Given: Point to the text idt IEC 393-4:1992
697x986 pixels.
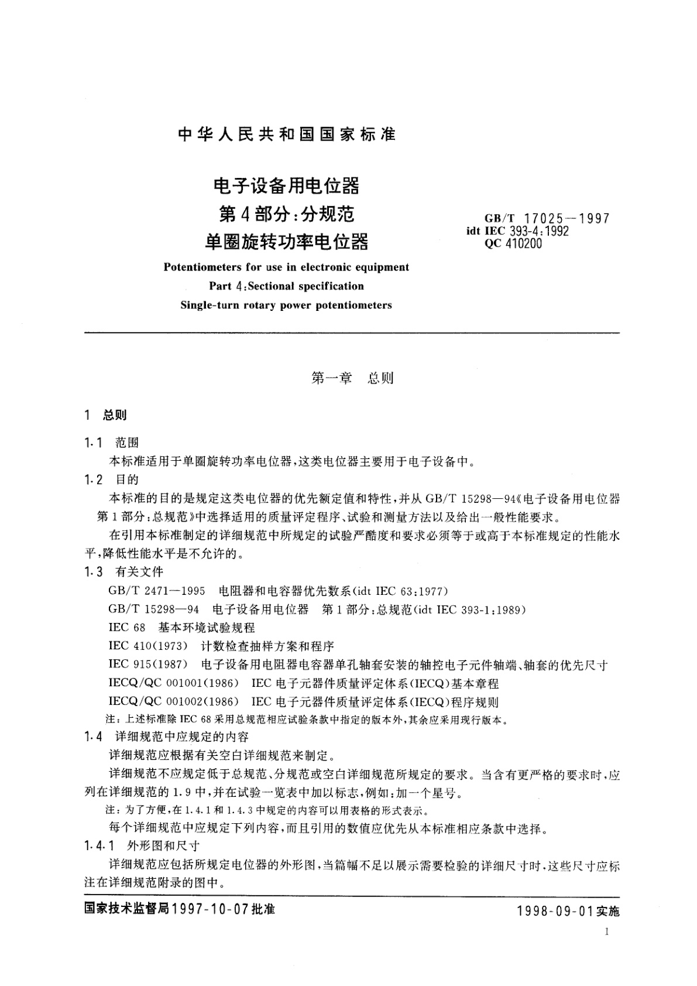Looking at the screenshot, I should (x=517, y=231).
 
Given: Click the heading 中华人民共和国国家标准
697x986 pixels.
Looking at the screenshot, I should (x=287, y=135).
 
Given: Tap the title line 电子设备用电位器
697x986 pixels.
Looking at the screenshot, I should (x=286, y=186).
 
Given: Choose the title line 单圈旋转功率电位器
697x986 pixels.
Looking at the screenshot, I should (x=286, y=240).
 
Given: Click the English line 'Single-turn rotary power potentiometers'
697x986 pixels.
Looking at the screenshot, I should (x=286, y=305).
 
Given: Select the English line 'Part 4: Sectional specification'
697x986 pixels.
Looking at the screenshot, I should (x=286, y=286).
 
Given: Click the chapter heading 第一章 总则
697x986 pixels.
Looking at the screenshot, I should (x=352, y=378).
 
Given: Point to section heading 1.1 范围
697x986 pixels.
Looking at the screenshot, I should (x=111, y=443).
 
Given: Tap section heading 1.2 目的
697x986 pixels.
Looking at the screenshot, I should (x=111, y=480).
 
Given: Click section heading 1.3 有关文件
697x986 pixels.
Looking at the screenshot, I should (x=123, y=572).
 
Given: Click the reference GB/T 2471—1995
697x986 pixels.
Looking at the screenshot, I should (x=157, y=591).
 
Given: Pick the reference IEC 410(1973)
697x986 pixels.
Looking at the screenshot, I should (x=148, y=646).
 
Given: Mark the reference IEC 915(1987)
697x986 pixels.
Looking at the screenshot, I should (x=148, y=665).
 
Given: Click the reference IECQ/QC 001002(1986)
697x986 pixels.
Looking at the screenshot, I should (x=174, y=702).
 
